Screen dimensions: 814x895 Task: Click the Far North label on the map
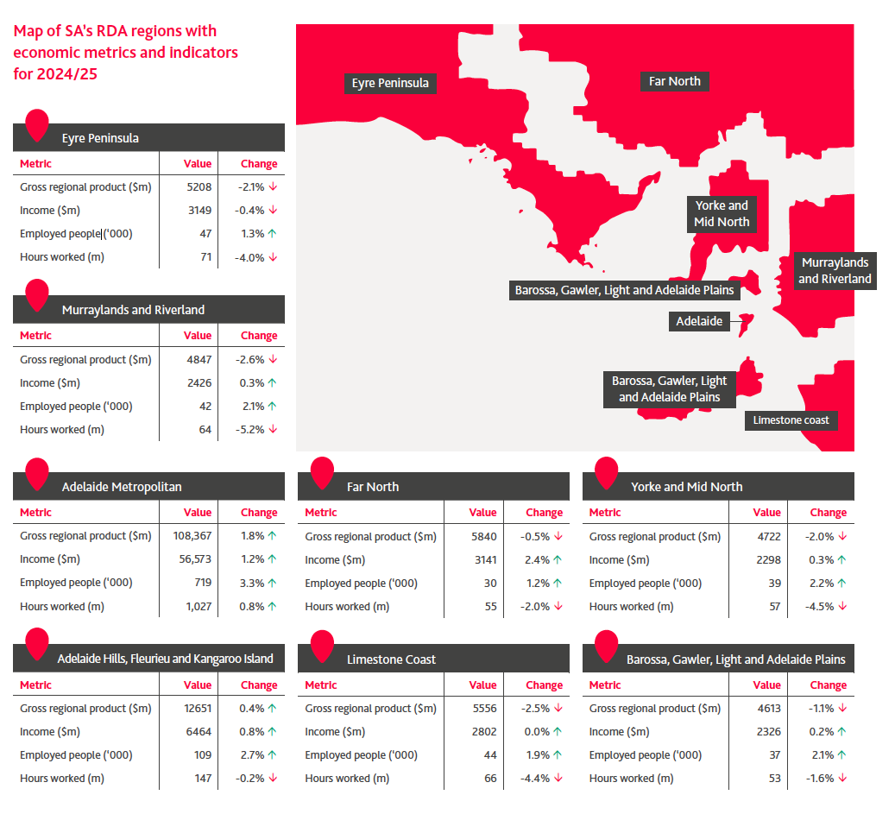click(675, 81)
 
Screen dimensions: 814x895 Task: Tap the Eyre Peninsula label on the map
click(390, 83)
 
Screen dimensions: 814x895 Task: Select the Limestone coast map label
click(791, 420)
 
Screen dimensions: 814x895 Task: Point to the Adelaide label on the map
click(699, 322)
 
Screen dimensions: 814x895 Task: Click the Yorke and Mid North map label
click(722, 213)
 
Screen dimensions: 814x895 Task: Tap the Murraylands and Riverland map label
click(835, 270)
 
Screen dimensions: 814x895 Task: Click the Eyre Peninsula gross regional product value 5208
click(199, 186)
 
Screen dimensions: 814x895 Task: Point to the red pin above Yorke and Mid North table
click(607, 472)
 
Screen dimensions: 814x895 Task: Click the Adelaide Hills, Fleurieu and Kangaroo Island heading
click(165, 659)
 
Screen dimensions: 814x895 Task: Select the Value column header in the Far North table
click(482, 513)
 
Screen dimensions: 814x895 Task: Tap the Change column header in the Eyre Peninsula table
click(259, 164)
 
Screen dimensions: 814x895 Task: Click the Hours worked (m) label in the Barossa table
click(631, 779)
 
